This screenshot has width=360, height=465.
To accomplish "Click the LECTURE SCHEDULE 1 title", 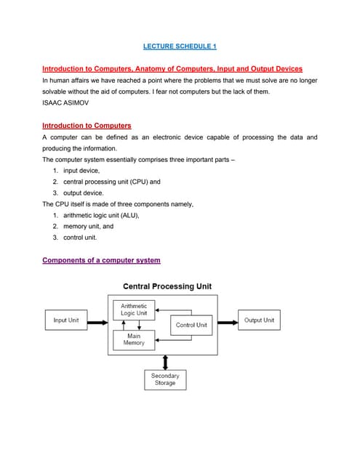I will (180, 46).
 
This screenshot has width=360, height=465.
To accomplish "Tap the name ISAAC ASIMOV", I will (65, 103).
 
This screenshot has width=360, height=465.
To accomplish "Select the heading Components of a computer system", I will (101, 260).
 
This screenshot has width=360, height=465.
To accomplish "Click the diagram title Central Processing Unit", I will (167, 286).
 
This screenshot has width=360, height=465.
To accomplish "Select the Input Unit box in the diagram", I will (66, 320).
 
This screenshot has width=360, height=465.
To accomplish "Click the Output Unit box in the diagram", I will (259, 320).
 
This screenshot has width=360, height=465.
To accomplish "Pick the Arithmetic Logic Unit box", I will (134, 310).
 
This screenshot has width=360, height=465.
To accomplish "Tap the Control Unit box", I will (191, 325).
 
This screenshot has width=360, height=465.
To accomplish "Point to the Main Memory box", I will (134, 339).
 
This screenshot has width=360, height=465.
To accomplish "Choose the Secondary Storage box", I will (165, 379).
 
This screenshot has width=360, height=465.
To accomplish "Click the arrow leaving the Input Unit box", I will (97, 320).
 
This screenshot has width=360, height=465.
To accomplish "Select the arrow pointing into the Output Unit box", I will (228, 320).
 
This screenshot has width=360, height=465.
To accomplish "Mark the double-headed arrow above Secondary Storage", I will (166, 362).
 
